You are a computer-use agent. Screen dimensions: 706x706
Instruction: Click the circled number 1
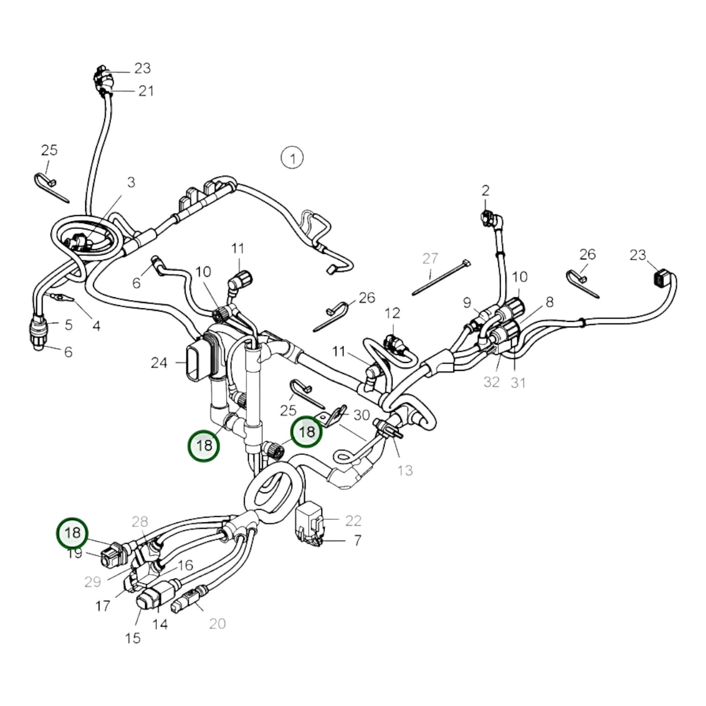pos(292,158)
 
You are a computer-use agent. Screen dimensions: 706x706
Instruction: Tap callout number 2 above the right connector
pos(485,191)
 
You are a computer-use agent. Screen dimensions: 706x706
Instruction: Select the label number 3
pos(131,182)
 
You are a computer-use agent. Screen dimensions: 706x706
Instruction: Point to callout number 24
pos(159,363)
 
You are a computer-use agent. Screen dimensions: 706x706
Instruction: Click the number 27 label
pos(430,258)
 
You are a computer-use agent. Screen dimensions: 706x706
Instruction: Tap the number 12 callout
pos(392,313)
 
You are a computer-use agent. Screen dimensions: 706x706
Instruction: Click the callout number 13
pos(405,470)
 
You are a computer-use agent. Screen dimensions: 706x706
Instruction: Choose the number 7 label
pos(358,540)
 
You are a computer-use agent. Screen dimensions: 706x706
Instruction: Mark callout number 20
pos(217,623)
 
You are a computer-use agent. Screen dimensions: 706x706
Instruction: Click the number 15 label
pos(133,638)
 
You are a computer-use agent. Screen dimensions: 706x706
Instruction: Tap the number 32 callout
pos(492,382)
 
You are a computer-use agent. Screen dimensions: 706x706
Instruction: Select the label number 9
pos(468,303)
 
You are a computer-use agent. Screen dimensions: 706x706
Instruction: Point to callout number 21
pos(146,91)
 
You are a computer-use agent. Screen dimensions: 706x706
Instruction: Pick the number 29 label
pos(93,581)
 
